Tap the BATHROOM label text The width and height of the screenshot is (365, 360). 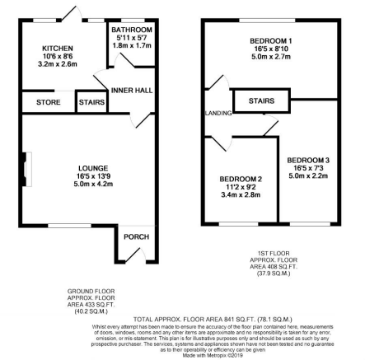tap(126, 30)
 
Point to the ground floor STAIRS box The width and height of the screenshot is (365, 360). tap(90, 102)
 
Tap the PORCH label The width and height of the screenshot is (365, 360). tap(135, 237)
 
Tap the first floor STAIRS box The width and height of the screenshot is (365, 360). tap(261, 100)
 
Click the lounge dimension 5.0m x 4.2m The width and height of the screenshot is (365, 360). tap(87, 184)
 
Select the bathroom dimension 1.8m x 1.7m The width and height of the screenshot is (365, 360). tap(126, 45)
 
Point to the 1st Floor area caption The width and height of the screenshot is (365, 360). tap(275, 264)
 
